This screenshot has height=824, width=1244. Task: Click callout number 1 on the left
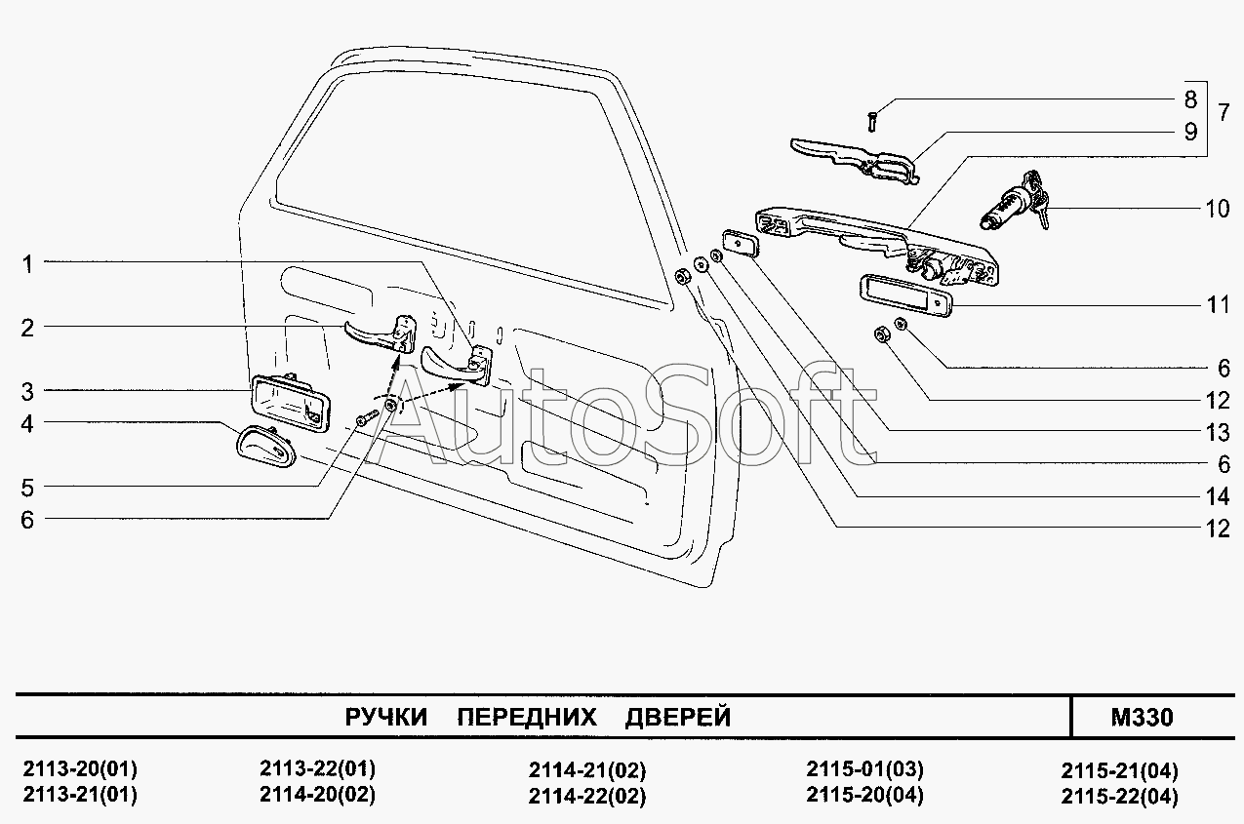pyautogui.click(x=27, y=263)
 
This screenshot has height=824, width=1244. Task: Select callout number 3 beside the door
pyautogui.click(x=27, y=392)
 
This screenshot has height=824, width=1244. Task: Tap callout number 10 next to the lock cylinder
pyautogui.click(x=1217, y=209)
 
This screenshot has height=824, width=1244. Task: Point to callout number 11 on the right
pyautogui.click(x=1217, y=305)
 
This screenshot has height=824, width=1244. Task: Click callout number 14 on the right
pyautogui.click(x=1217, y=496)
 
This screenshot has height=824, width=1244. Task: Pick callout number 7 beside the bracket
pyautogui.click(x=1223, y=111)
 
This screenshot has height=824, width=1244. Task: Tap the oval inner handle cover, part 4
pyautogui.click(x=263, y=448)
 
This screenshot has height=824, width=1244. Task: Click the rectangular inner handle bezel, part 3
pyautogui.click(x=287, y=403)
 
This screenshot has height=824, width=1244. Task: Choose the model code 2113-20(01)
pyautogui.click(x=79, y=767)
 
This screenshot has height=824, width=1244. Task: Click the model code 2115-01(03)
pyautogui.click(x=864, y=768)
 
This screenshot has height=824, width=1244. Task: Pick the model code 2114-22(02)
pyautogui.click(x=587, y=796)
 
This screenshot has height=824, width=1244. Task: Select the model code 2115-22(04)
pyautogui.click(x=1119, y=796)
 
